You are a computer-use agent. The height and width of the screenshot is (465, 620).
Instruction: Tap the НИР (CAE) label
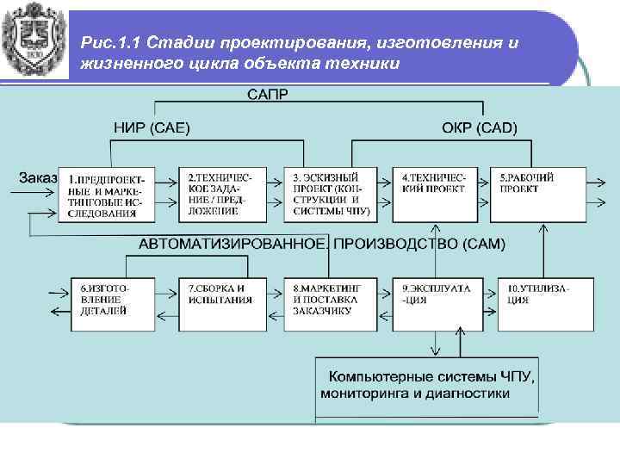152,128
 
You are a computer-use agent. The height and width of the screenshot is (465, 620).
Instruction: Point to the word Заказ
38,177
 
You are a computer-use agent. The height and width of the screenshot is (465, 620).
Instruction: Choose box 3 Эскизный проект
331,194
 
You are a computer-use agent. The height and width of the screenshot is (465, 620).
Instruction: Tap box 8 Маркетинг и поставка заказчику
331,303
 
